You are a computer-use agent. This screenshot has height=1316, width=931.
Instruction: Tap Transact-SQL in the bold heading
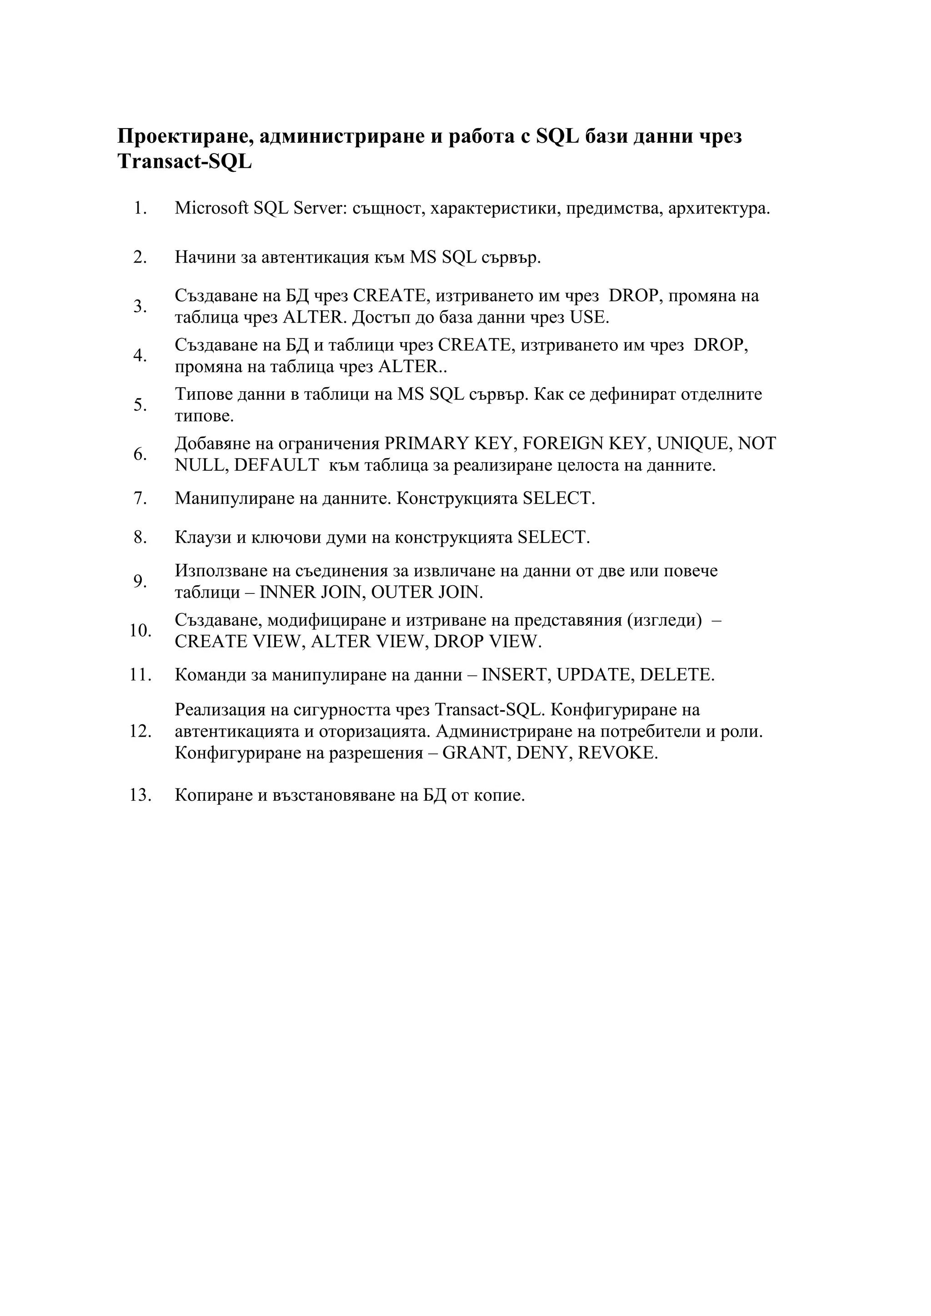click(x=184, y=162)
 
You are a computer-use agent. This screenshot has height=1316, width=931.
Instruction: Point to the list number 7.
click(x=140, y=498)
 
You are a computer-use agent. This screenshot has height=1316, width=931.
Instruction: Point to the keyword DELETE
click(x=676, y=675)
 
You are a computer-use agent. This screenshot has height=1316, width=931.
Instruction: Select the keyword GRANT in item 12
click(x=474, y=753)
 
